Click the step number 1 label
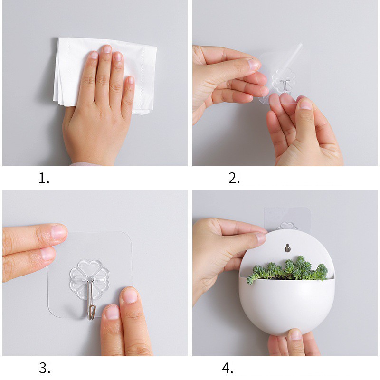(44, 178)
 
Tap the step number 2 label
(234, 178)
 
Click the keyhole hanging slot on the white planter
(287, 247)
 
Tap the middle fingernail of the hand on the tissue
(106, 49)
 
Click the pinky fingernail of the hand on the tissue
(131, 80)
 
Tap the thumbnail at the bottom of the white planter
(295, 334)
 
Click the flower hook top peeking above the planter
(287, 226)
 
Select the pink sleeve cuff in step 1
(85, 164)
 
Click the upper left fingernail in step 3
(59, 232)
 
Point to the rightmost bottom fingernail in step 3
(130, 295)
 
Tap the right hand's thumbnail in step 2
(305, 104)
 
